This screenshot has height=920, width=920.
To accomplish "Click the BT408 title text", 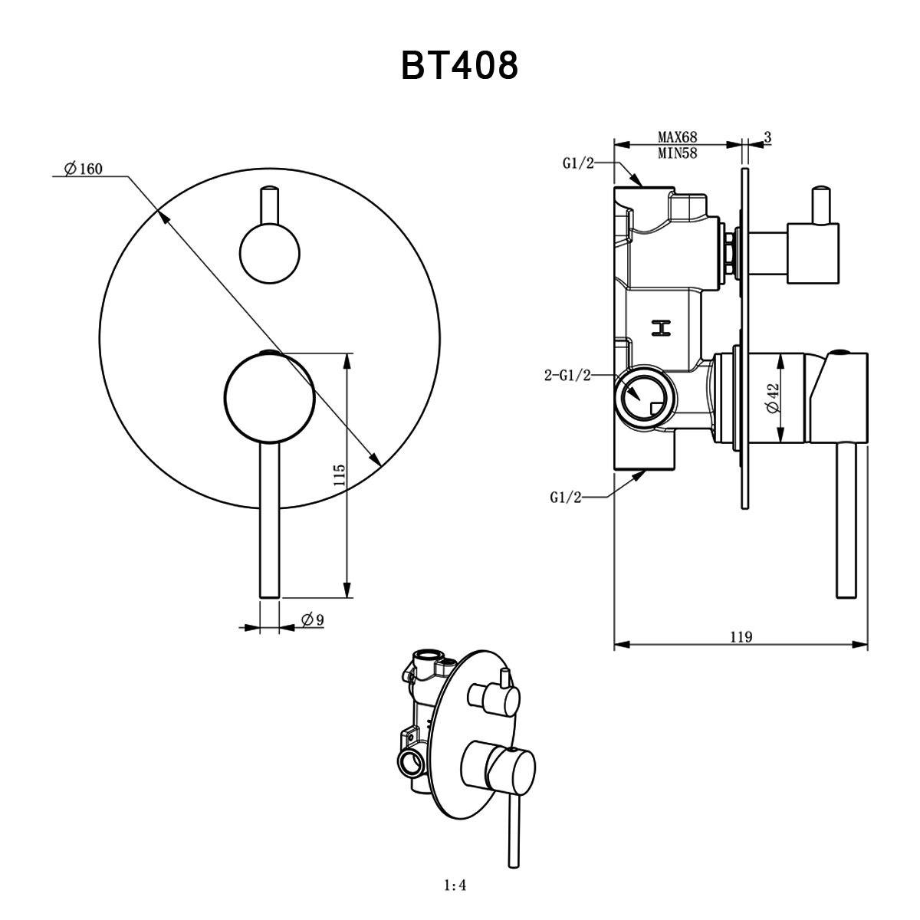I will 459,66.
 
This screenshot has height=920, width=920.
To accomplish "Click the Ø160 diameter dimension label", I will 84,169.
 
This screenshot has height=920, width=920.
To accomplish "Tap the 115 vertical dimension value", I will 340,475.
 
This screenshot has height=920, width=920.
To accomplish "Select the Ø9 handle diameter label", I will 310,619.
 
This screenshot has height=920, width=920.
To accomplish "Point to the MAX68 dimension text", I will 678,137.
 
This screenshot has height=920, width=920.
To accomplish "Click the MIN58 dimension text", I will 678,153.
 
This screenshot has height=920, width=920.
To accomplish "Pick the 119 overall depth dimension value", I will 741,636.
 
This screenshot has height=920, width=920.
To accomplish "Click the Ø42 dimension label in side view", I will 772,399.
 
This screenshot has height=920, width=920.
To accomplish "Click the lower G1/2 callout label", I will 566,498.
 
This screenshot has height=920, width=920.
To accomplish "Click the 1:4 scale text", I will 455,886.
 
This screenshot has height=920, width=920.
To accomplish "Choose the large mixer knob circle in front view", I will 269,396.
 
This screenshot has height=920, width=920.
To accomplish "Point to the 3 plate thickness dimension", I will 767,137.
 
